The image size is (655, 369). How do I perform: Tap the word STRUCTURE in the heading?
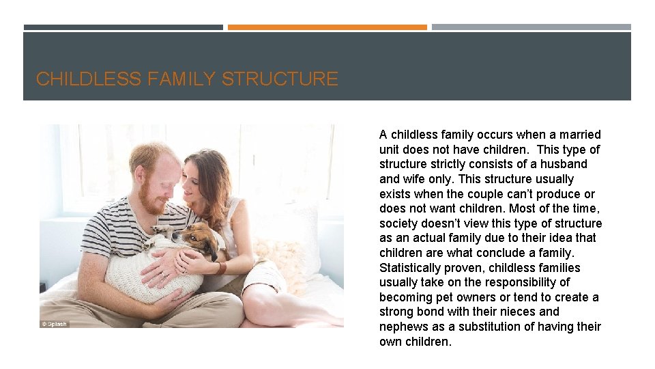point(280,79)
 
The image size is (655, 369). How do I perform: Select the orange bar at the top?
point(327,27)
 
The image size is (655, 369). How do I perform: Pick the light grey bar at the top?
point(531,27)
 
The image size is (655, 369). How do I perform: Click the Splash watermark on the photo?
point(55,324)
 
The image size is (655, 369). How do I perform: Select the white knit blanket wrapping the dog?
point(154,273)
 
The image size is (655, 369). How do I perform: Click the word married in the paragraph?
point(579,135)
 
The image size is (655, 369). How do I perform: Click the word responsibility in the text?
point(516,282)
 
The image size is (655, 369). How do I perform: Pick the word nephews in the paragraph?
point(402,327)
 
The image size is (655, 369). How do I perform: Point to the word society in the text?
point(398,223)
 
